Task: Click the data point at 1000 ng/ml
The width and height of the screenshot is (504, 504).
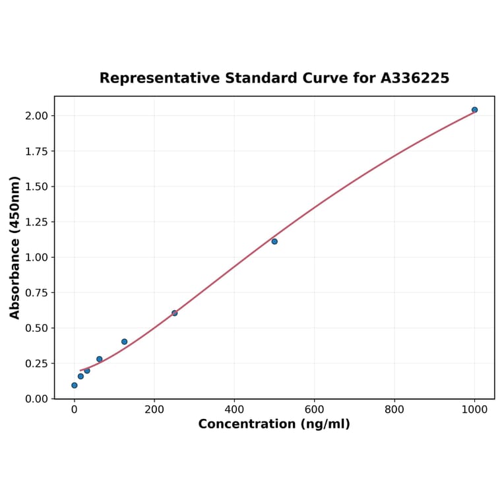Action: tap(474, 110)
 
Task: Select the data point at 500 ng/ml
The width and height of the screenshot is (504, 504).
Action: tap(274, 241)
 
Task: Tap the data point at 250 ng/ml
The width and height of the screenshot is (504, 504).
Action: tap(174, 313)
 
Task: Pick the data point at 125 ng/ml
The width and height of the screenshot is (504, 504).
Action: tap(124, 342)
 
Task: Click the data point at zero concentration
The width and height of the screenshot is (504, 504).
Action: tap(74, 385)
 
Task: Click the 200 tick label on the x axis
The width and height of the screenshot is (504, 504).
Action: tap(154, 410)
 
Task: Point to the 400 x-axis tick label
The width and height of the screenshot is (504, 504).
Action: tap(234, 410)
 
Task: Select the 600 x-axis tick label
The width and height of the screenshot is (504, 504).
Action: tap(314, 410)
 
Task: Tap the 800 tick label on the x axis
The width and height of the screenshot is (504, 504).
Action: tap(394, 410)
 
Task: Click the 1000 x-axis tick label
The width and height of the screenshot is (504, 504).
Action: tap(474, 410)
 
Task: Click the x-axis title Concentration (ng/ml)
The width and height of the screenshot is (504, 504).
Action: tap(274, 424)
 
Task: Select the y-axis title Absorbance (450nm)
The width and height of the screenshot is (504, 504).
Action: tap(15, 247)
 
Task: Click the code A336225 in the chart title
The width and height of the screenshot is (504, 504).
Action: tap(415, 79)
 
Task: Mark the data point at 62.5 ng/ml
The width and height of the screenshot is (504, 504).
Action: tap(99, 359)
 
